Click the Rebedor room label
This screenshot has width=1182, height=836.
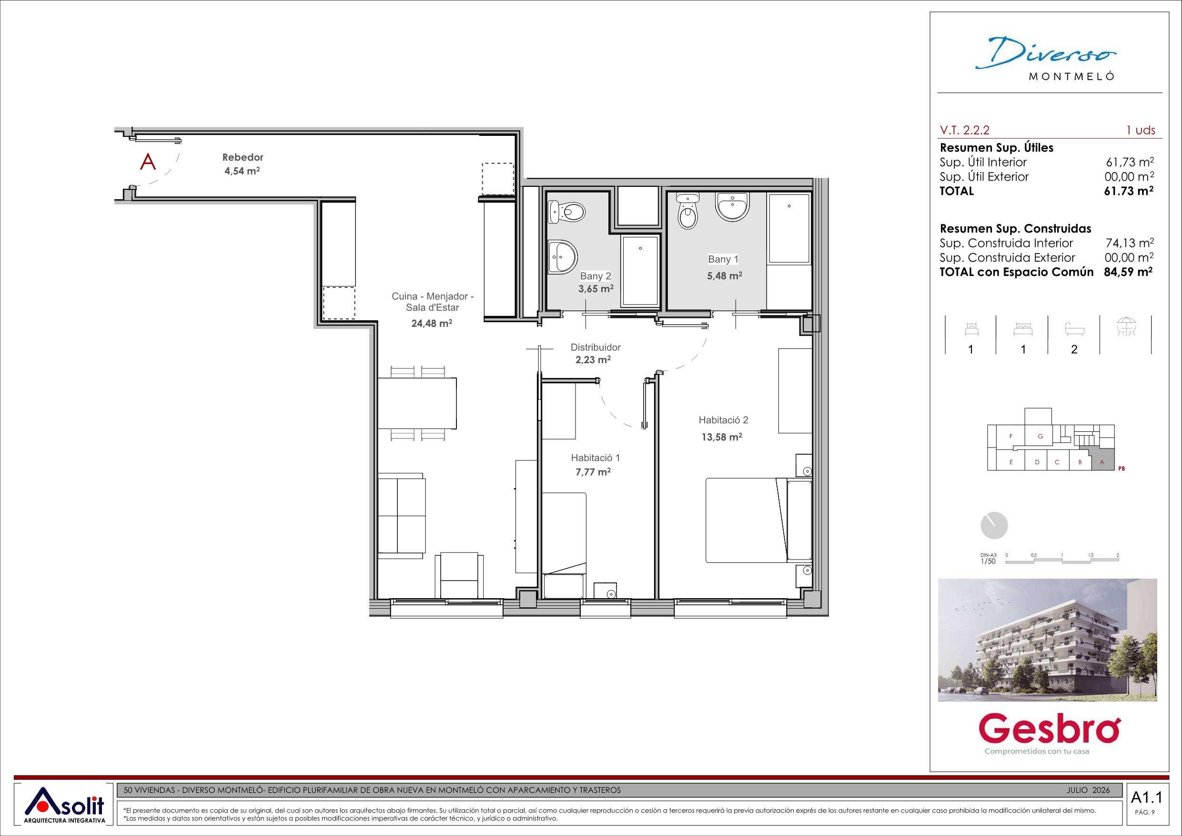point(242,158)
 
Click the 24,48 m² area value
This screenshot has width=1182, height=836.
point(432,324)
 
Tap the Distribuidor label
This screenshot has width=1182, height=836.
point(596,347)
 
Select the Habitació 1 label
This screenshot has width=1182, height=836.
point(596,458)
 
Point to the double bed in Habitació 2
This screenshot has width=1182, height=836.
point(759,520)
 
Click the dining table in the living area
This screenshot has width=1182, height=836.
point(417,403)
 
